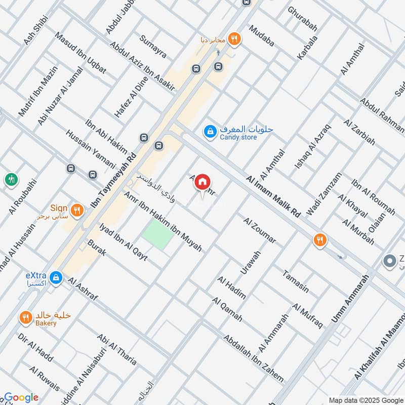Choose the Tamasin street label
tap(296, 280)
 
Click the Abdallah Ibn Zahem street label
tap(254, 358)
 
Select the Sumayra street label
tap(153, 47)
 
